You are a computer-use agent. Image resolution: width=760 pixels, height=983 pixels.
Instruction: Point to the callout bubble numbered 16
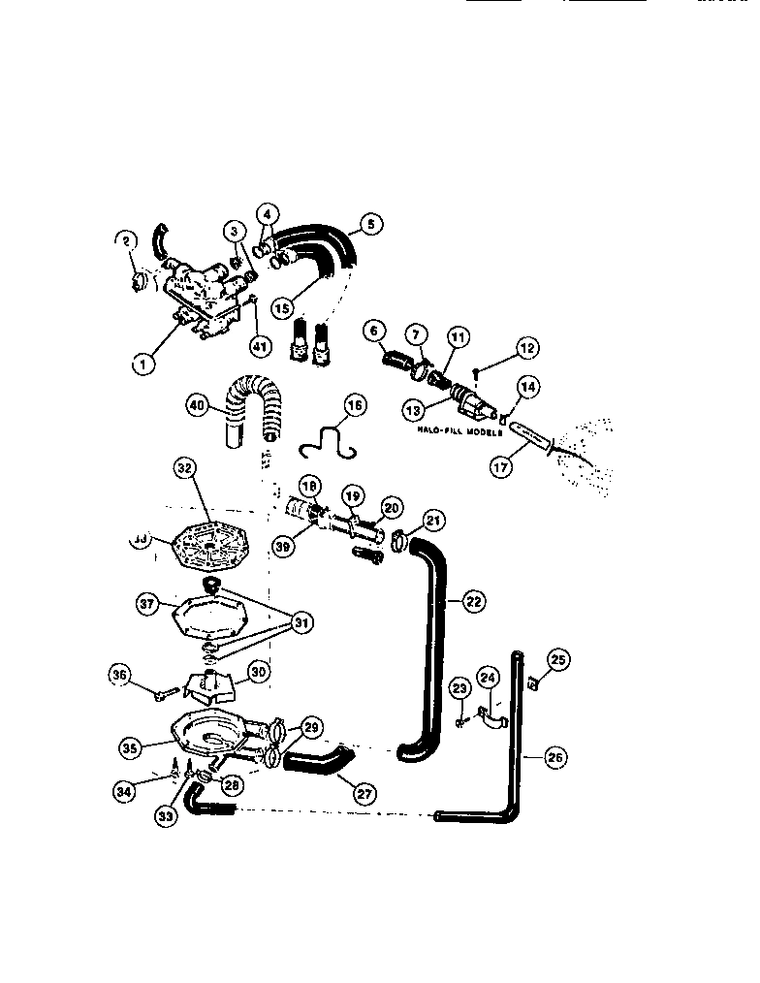coord(356,405)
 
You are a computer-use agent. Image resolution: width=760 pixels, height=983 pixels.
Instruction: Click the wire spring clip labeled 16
coord(328,441)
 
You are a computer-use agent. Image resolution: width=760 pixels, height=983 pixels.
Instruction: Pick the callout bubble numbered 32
coord(185,468)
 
